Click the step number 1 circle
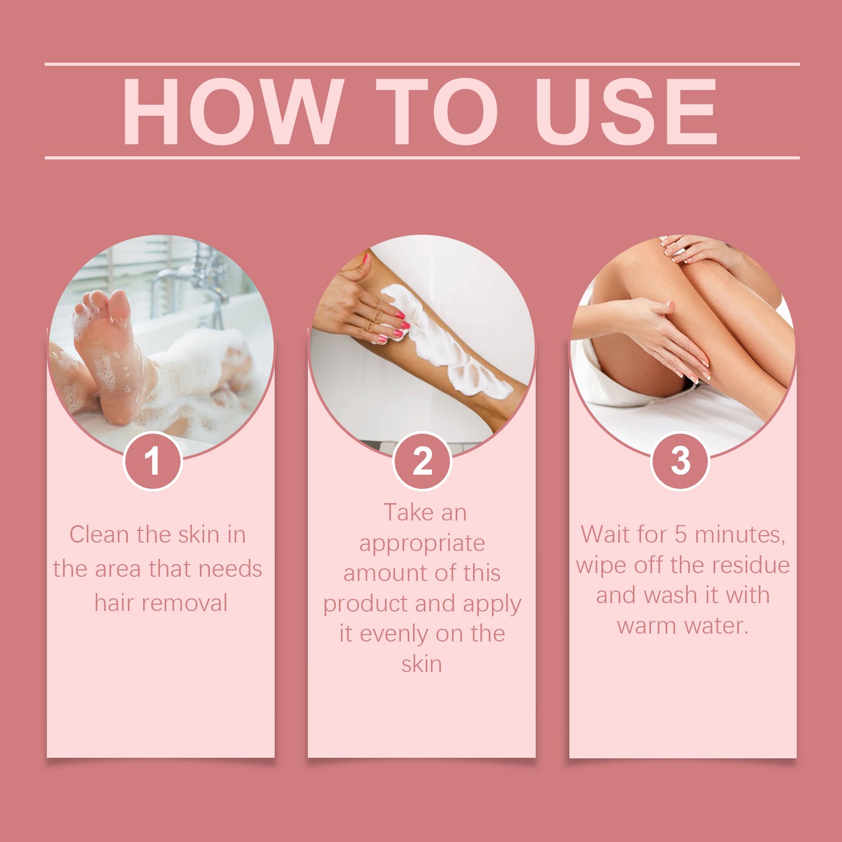[153, 461]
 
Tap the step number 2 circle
[422, 461]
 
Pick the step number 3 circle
[680, 461]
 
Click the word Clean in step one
[99, 535]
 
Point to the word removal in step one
[190, 603]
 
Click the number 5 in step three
[681, 535]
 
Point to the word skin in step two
[422, 664]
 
